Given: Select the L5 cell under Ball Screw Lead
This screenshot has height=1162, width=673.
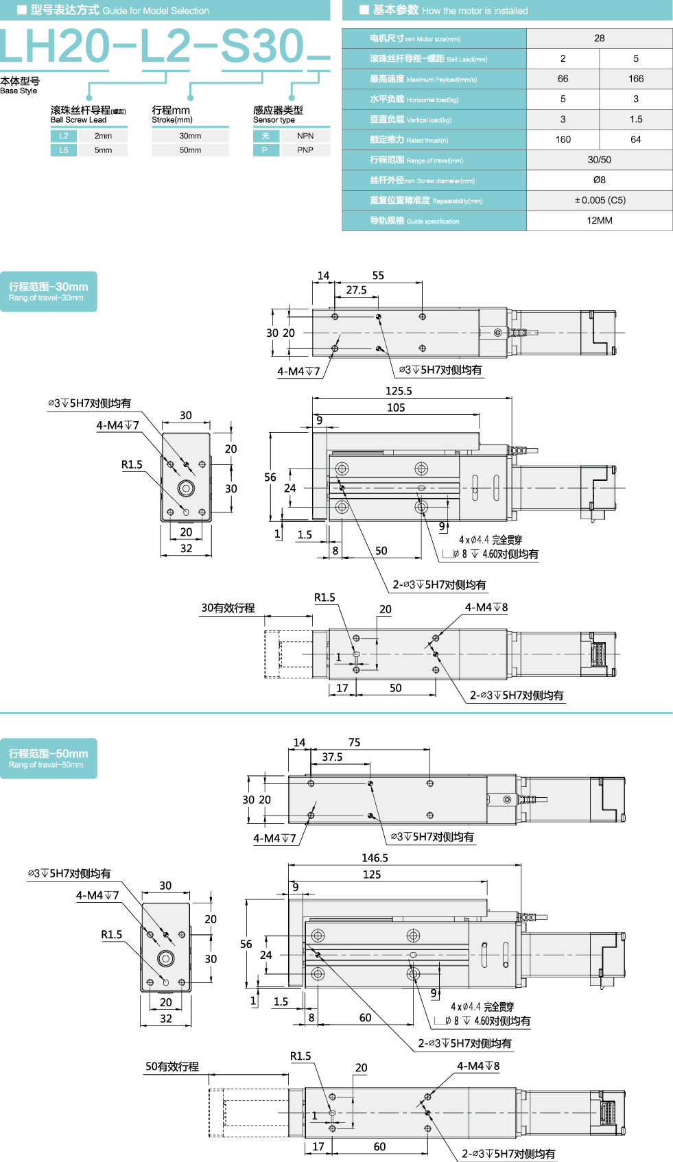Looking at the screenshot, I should point(64,150).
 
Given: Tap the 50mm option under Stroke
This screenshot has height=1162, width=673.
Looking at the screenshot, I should point(190,150).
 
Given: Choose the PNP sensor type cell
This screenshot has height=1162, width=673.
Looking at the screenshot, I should point(305,150).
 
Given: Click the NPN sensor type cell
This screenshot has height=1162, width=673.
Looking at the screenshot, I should point(305,136).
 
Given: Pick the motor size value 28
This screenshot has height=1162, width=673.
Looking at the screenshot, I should point(599,38).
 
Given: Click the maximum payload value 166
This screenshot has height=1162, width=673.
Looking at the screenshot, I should point(636,79).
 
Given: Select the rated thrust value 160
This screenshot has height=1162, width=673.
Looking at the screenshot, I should point(563,140).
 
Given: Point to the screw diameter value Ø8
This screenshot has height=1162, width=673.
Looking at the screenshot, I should point(599,180).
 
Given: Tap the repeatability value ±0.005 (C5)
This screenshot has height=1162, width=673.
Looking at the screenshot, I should point(599,200).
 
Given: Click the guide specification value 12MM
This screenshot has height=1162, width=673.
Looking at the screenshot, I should point(599,221).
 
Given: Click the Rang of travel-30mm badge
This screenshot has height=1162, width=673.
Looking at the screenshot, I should point(48,292).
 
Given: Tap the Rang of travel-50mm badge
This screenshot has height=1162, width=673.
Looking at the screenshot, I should point(48,758).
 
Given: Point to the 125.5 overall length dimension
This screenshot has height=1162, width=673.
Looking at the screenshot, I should point(399,391).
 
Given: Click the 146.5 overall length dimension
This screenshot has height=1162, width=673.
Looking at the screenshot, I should point(375,858).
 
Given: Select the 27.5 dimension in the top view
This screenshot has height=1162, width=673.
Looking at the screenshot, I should point(356,290).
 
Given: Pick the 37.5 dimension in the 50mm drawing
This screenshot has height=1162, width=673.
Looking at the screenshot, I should point(332,757).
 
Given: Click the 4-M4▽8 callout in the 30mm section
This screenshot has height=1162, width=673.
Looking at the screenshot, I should point(486,608).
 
